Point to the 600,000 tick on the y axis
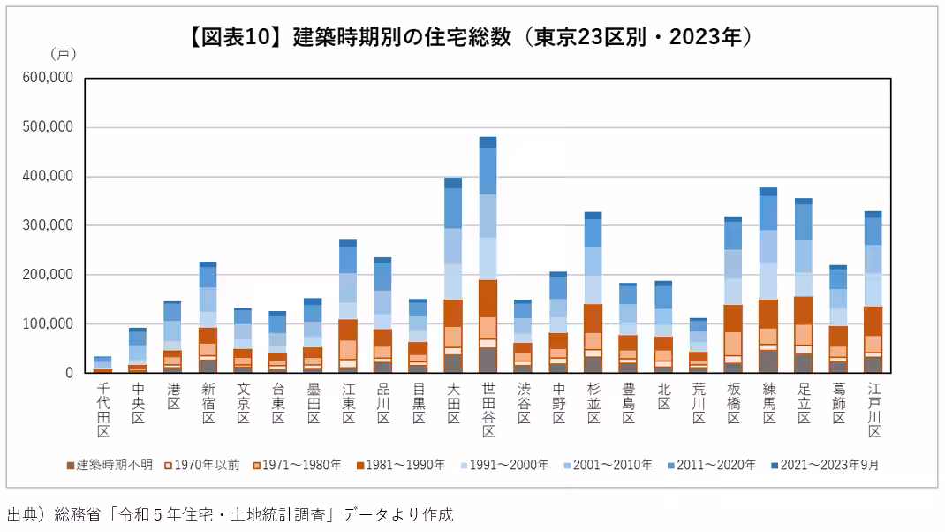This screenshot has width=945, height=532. (x=48, y=78)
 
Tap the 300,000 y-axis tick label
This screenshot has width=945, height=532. (x=48, y=225)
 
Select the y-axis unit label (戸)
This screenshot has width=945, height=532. (x=63, y=54)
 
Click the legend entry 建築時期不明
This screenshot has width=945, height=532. (x=110, y=465)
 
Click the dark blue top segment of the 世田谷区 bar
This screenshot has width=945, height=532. (x=488, y=142)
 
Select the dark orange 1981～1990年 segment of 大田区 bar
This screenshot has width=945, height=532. (x=453, y=313)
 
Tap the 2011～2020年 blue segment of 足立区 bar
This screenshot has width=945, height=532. (x=803, y=222)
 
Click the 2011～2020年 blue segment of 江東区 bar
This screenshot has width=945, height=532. (x=348, y=259)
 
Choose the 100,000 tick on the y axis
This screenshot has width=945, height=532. (x=48, y=323)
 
